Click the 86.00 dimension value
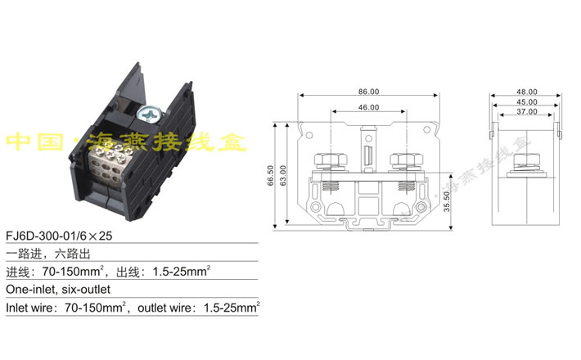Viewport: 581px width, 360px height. pos(368,91)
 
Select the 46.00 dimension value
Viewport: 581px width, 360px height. pos(368,107)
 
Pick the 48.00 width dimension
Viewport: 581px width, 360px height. pos(526,92)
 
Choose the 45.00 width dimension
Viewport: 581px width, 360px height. pos(526,101)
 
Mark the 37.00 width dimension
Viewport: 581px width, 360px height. pos(526,111)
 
